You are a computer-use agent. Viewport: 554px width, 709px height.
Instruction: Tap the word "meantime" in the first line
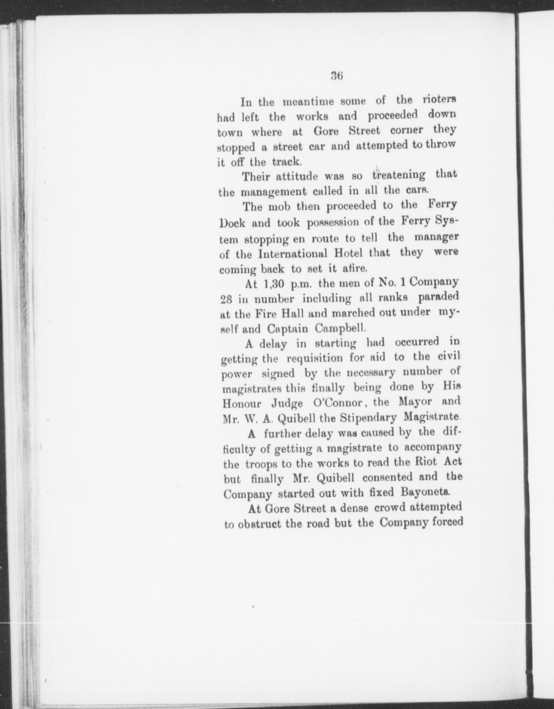tap(306, 102)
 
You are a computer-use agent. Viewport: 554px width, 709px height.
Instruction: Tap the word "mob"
tap(280, 206)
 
